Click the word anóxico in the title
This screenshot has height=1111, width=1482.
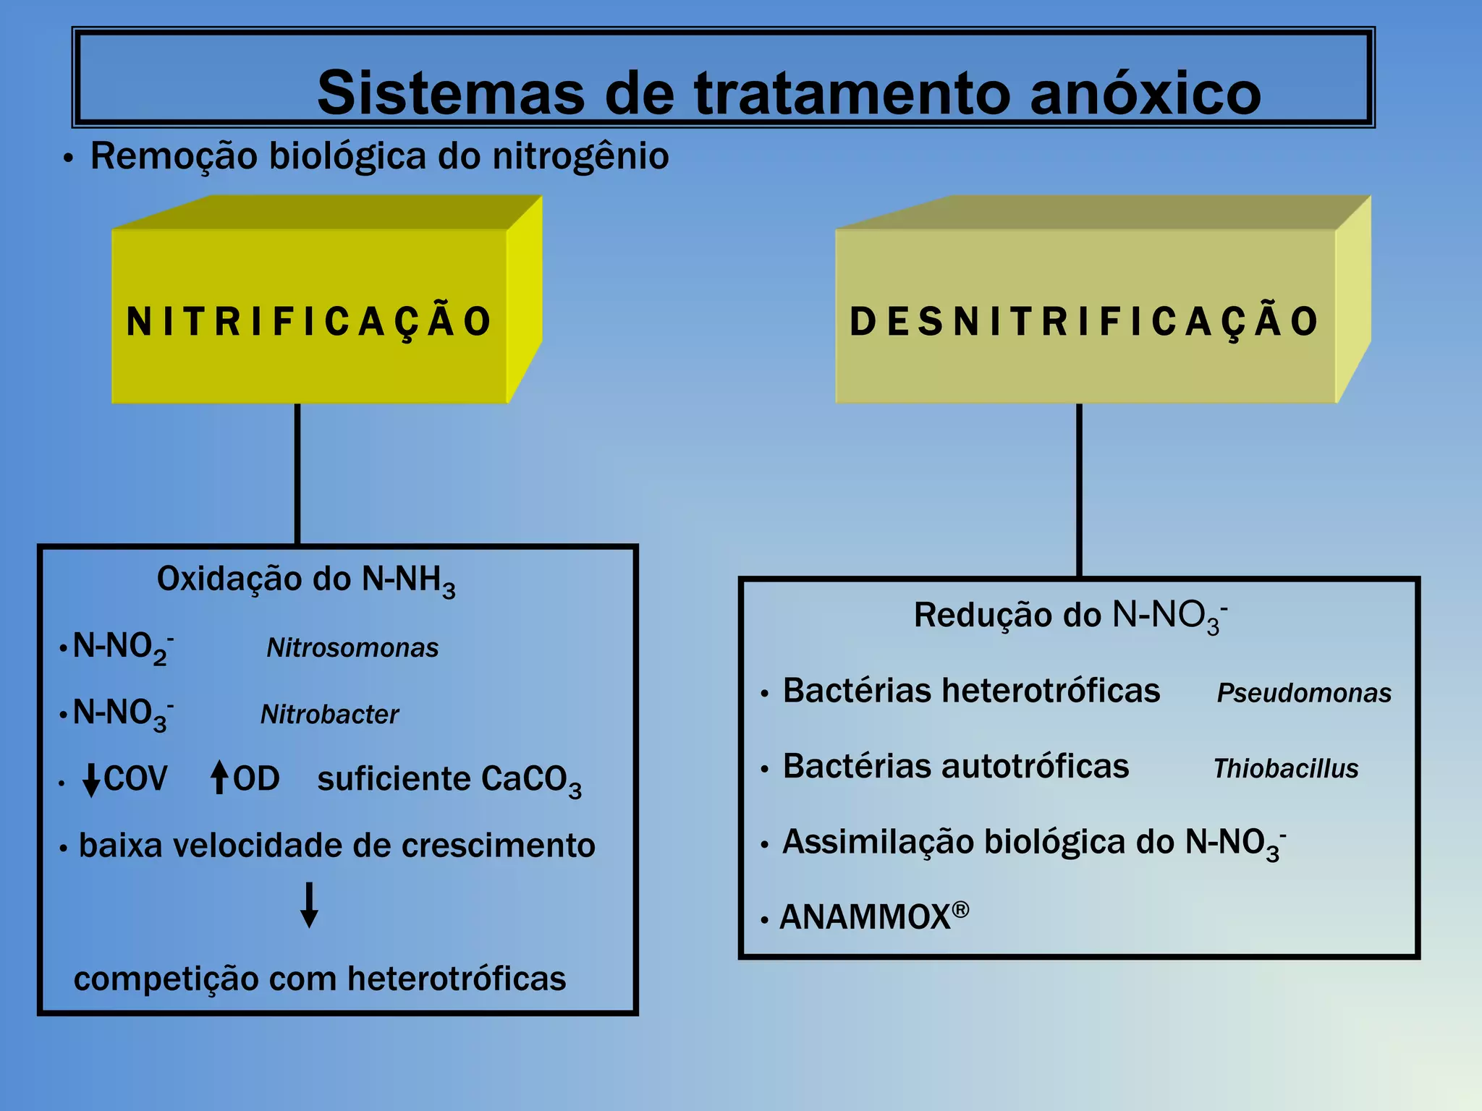click(x=1145, y=93)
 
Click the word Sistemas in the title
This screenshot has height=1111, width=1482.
click(x=450, y=93)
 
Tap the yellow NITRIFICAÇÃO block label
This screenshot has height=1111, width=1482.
click(x=309, y=321)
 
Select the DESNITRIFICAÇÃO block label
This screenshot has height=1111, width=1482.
click(x=1084, y=321)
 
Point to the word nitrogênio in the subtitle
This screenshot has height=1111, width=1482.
click(x=580, y=156)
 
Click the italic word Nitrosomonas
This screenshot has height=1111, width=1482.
click(x=352, y=648)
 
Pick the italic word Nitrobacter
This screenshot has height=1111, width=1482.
click(x=329, y=715)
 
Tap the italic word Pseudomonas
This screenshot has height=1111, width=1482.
click(x=1303, y=693)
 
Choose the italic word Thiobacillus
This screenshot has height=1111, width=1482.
click(x=1285, y=768)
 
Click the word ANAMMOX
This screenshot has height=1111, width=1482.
click(x=865, y=917)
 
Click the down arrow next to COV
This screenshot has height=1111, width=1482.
click(x=91, y=780)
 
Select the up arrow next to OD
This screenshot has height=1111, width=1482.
click(x=219, y=778)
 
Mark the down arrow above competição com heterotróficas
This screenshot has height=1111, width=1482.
click(x=309, y=904)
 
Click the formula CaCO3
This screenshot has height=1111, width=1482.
click(x=530, y=780)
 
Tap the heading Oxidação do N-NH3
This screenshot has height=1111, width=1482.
click(x=305, y=580)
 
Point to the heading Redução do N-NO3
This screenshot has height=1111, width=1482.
click(x=1070, y=616)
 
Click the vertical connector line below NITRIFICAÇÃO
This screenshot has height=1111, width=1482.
click(x=297, y=474)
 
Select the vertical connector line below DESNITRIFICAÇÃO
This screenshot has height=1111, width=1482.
click(x=1079, y=490)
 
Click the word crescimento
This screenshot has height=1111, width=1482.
click(x=498, y=846)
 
